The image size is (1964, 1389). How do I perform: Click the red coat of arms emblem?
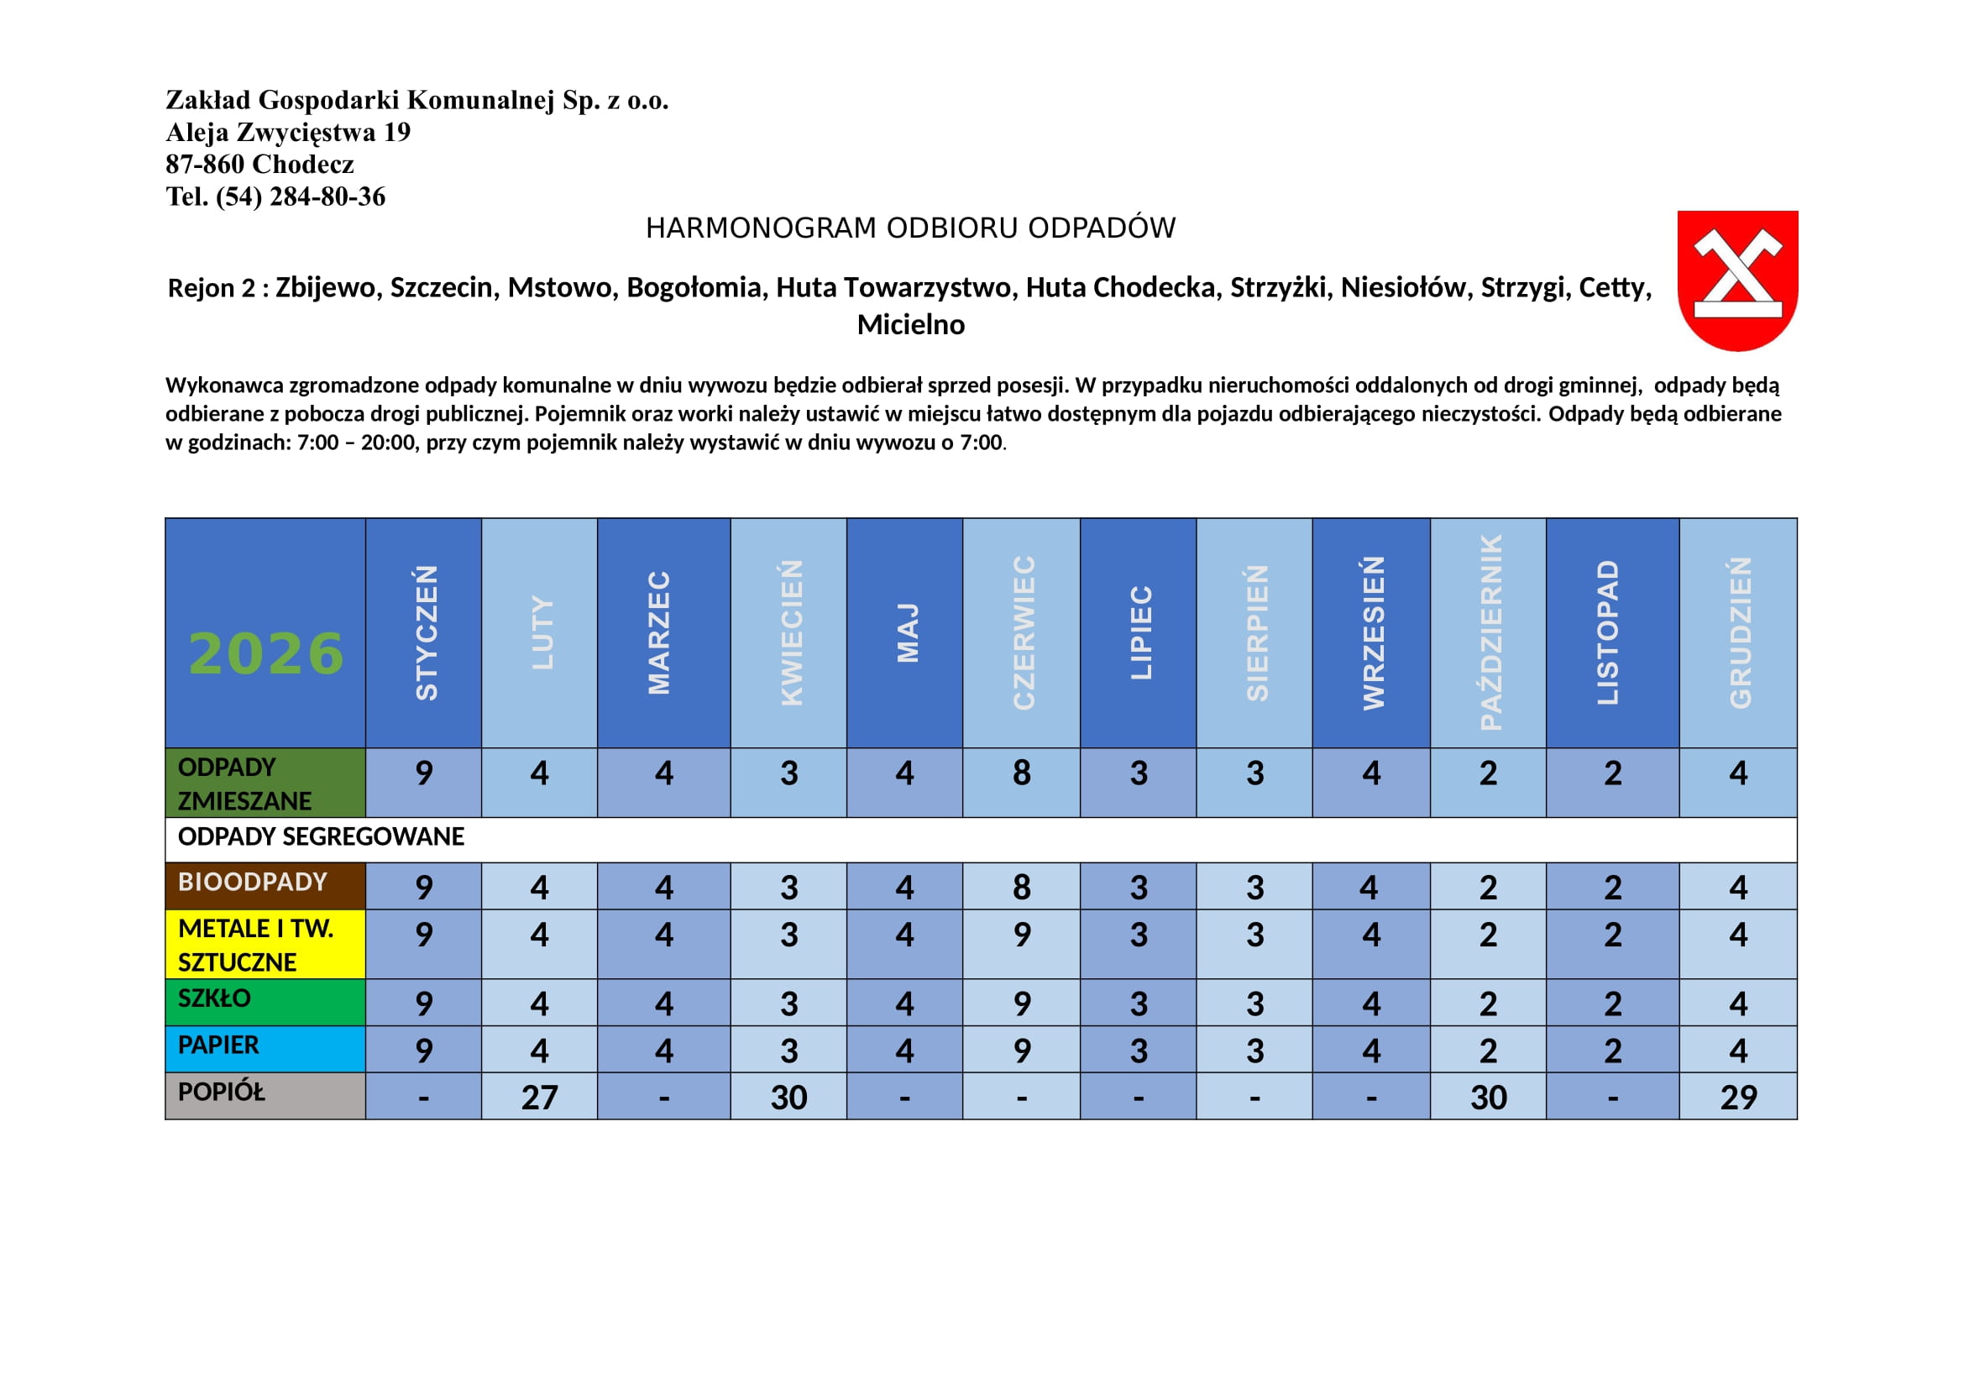1737,280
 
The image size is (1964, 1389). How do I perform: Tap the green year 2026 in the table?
266,653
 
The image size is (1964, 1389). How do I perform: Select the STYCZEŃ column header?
425,633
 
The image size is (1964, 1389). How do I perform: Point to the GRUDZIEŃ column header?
1740,633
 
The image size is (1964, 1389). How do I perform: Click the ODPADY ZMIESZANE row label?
244,784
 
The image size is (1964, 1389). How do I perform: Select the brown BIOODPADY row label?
253,882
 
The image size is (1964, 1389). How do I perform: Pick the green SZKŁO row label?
215,999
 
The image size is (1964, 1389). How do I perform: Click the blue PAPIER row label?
218,1046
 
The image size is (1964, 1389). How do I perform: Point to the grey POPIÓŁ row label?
222,1093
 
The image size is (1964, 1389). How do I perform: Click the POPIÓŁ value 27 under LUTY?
540,1098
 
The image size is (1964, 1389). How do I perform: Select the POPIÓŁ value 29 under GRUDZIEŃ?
1738,1098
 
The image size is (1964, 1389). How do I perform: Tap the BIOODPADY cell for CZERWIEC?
1021,887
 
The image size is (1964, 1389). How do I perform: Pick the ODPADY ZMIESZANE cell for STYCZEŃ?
424,773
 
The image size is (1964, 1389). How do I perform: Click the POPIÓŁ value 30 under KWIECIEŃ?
788,1098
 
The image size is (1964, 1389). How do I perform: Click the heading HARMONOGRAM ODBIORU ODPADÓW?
910,228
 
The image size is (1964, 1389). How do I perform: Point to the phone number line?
275,197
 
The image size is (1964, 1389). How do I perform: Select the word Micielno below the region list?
911,325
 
